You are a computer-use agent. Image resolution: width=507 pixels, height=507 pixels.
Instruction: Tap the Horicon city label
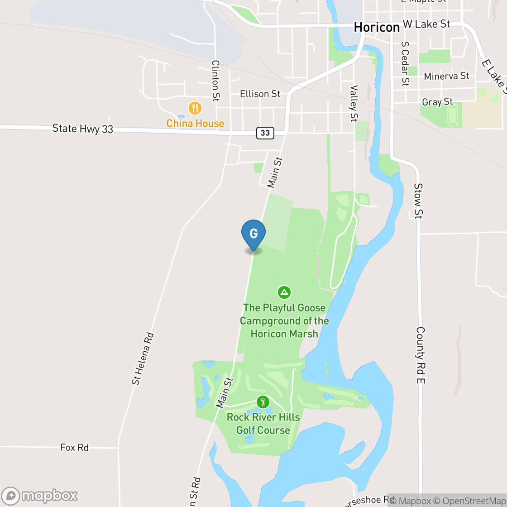coord(377,27)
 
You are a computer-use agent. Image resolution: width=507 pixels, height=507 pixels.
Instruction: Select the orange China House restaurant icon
coord(195,108)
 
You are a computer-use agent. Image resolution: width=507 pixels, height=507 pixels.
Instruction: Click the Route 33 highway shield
coord(265,133)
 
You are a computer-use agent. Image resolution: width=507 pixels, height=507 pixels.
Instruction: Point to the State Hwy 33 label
coord(82,129)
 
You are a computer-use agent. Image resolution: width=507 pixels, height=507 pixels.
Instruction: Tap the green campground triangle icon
coord(284,292)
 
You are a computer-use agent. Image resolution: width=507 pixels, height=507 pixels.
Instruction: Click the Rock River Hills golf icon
coord(263,402)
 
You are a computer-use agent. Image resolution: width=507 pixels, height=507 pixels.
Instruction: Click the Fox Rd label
coord(74,447)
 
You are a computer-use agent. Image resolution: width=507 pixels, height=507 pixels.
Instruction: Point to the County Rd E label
coord(421,356)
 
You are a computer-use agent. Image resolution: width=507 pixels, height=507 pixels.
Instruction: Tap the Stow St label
coord(418,201)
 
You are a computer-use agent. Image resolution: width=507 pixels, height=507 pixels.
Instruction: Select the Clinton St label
coord(215,81)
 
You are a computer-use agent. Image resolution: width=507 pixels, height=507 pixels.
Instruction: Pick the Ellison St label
coord(260,94)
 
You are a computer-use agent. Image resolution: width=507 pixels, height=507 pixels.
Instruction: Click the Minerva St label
coord(446,76)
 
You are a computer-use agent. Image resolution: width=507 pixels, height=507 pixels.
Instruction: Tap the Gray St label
coord(437,102)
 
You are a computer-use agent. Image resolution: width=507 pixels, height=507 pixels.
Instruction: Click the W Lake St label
coord(426,24)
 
